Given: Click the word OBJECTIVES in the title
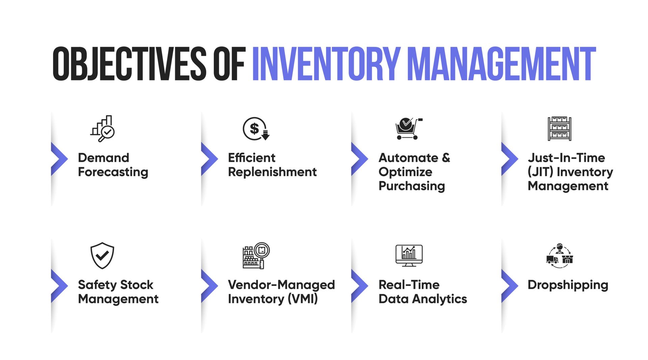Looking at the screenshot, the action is tap(129, 64).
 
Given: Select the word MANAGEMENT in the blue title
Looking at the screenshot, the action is tap(502, 64).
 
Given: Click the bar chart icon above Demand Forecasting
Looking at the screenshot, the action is tap(103, 129).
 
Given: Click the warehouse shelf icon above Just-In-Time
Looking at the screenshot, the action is tap(560, 129).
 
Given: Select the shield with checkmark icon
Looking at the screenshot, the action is tap(102, 255).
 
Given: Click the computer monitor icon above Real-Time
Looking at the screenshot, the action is tap(409, 255).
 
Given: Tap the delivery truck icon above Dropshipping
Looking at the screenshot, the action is tap(552, 259).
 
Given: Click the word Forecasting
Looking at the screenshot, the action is tap(113, 172).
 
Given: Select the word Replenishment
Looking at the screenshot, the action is tap(272, 172).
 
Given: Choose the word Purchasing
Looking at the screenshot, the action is tap(412, 186).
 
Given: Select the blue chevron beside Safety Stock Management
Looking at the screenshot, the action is tap(59, 286).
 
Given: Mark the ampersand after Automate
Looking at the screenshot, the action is tap(446, 158).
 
